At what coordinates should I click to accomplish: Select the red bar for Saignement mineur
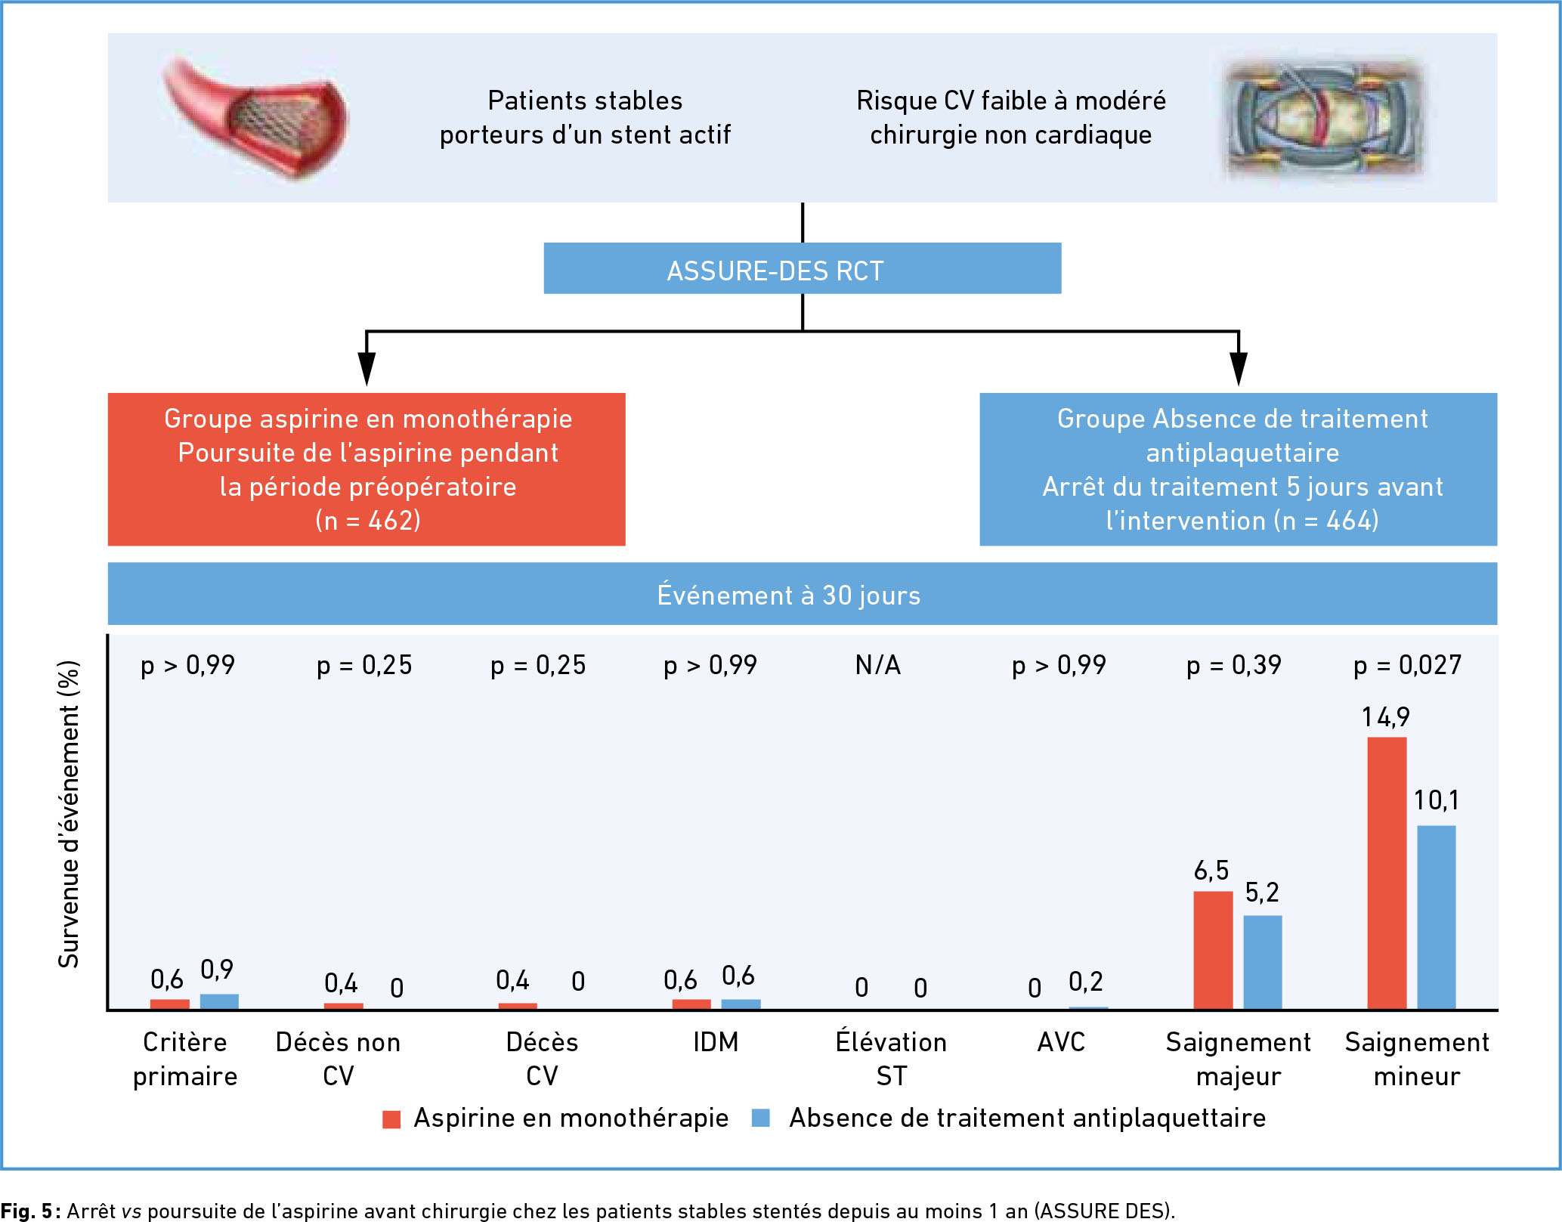coord(1387,873)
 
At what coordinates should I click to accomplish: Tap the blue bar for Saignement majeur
coord(1262,962)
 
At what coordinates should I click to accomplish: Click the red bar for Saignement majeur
coord(1213,950)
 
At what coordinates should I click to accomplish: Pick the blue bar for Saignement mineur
coord(1436,917)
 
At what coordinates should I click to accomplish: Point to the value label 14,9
coord(1385,716)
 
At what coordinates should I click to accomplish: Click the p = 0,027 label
coord(1407,665)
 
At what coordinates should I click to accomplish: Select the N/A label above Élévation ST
coord(877,665)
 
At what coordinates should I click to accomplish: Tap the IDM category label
coord(716,1042)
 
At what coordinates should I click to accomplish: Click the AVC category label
coord(1061,1042)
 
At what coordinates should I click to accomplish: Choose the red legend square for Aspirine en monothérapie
coord(391,1119)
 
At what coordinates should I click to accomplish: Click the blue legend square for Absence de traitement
coord(761,1118)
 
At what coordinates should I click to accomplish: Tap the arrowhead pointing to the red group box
coord(367,369)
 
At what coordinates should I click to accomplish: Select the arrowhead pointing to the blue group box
coord(1239,369)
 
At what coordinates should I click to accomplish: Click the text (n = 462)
coord(367,521)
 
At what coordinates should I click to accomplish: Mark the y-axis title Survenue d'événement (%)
coord(69,814)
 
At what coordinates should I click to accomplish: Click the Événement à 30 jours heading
coord(788,596)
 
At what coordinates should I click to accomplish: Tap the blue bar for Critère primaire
coord(219,1001)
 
